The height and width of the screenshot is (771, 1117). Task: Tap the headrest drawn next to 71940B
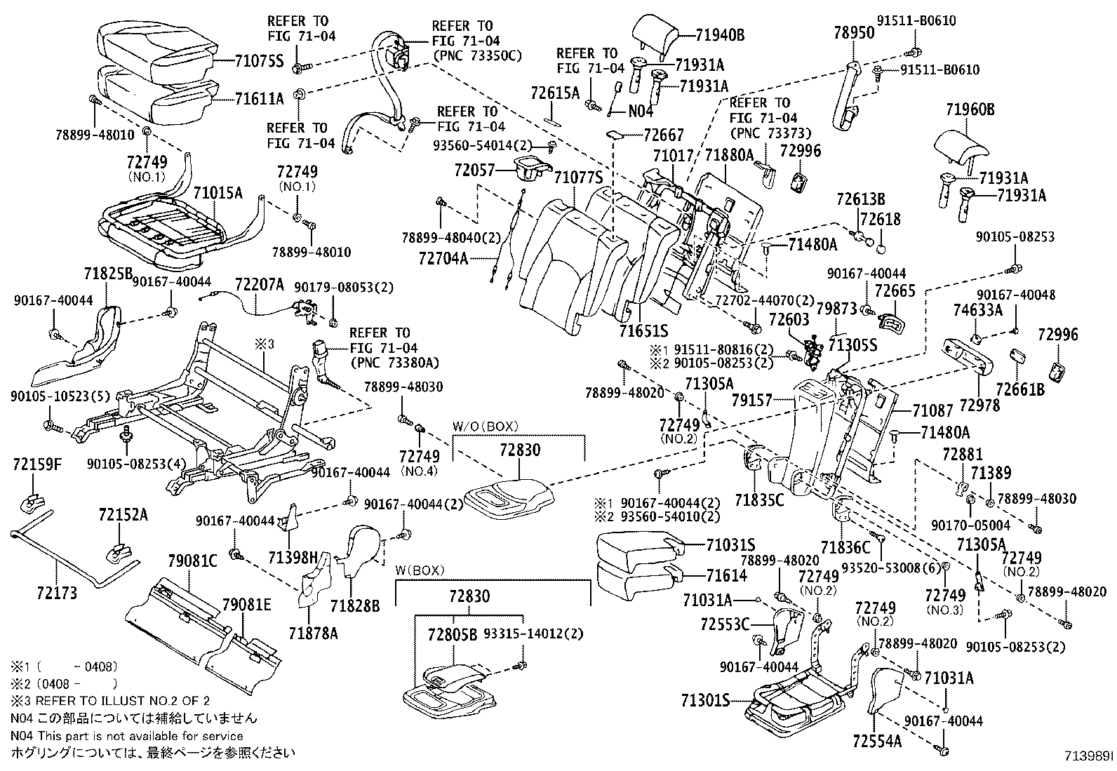(656, 34)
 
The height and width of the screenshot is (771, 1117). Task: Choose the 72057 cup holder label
(474, 170)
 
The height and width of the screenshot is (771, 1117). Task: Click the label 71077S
(579, 176)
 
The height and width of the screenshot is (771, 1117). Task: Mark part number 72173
(57, 594)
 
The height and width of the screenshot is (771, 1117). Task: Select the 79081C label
(193, 560)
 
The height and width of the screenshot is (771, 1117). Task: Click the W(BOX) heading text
(420, 570)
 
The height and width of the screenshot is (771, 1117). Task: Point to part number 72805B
(453, 633)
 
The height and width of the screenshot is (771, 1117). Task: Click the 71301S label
(705, 701)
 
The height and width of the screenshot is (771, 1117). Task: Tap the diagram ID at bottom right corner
(1088, 756)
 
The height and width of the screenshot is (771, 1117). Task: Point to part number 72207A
(260, 284)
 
